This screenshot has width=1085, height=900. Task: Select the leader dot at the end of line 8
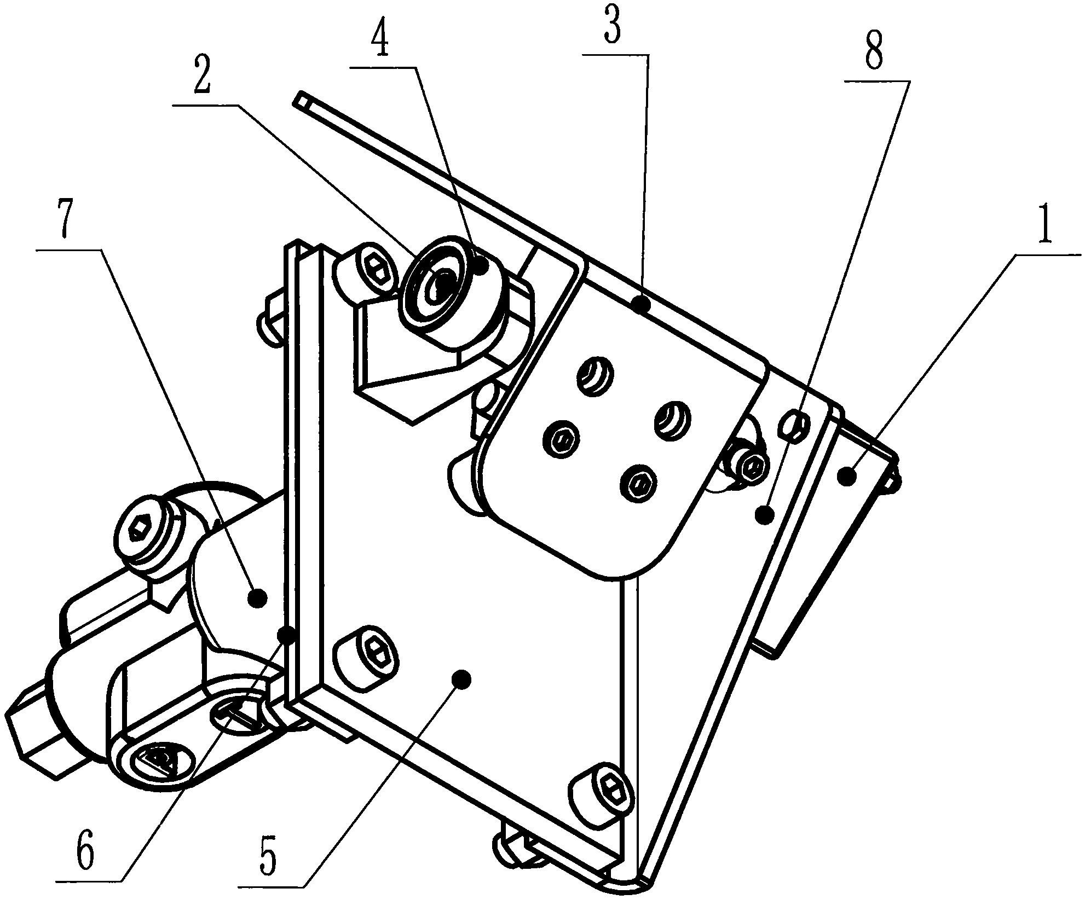coord(764,514)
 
